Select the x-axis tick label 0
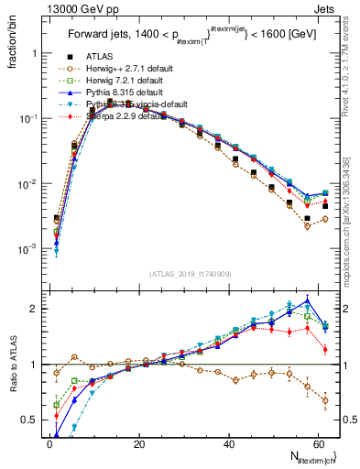click(x=49, y=444)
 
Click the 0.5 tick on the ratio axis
click(x=32, y=420)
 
